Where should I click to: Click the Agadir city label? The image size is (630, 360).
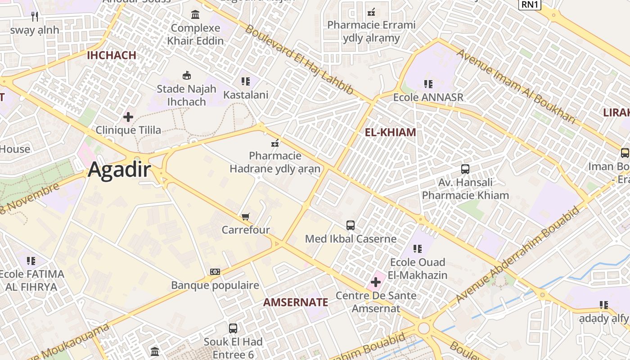[120, 170]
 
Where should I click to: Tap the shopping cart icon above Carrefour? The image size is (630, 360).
[246, 217]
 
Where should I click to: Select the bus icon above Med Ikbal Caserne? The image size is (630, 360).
[351, 225]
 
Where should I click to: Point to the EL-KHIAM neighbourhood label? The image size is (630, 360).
[390, 132]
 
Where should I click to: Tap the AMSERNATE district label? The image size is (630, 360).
[296, 302]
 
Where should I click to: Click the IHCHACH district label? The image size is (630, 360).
[111, 55]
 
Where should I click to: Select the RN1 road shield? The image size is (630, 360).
[530, 4]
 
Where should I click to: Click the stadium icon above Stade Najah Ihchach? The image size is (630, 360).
[186, 75]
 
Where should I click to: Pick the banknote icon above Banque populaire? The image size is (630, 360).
[215, 272]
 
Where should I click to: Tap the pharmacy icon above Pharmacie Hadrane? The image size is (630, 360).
[274, 144]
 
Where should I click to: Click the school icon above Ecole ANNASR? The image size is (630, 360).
[428, 84]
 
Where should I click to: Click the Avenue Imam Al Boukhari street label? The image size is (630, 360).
[516, 86]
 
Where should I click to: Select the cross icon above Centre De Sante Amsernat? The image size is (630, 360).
[376, 283]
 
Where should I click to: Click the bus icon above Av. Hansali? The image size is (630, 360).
[465, 169]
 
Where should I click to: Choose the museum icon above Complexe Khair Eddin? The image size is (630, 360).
[195, 15]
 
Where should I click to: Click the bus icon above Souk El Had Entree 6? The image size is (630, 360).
[233, 328]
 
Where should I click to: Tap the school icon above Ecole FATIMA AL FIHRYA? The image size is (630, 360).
[31, 261]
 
